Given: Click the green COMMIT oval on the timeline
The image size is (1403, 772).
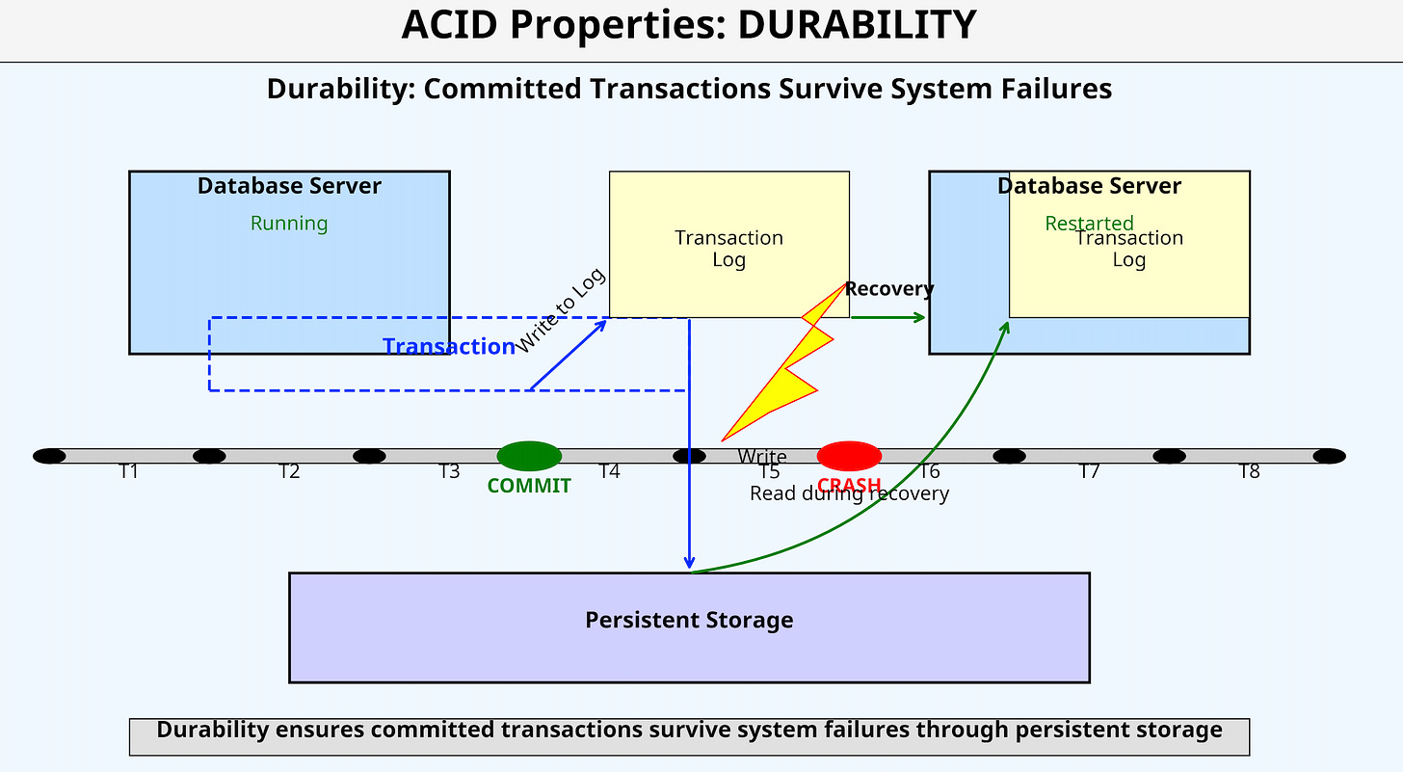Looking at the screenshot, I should (529, 456).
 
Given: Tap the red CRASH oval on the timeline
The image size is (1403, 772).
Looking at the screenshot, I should (849, 456).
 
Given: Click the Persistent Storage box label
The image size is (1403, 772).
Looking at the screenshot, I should (689, 620).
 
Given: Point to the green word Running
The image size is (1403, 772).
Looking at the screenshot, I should (289, 224).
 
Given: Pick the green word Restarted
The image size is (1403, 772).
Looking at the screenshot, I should (1089, 224).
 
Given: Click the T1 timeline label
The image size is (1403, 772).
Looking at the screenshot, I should (129, 471).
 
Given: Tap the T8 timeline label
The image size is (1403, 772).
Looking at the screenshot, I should (1249, 471).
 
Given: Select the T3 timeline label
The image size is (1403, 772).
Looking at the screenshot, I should (449, 471).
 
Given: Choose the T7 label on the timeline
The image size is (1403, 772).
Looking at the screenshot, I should (1089, 471).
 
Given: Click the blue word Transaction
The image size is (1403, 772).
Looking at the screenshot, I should (449, 347).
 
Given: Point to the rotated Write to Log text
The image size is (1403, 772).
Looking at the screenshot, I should (561, 310).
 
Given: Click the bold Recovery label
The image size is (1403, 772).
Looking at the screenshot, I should (889, 289).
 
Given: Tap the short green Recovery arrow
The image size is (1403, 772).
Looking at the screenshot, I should (887, 317).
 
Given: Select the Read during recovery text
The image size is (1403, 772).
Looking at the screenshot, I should (849, 493).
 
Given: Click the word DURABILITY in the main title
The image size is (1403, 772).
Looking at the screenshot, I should (858, 26).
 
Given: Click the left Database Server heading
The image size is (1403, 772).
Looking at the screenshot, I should (289, 186).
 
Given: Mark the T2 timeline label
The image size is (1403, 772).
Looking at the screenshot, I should (289, 471).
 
